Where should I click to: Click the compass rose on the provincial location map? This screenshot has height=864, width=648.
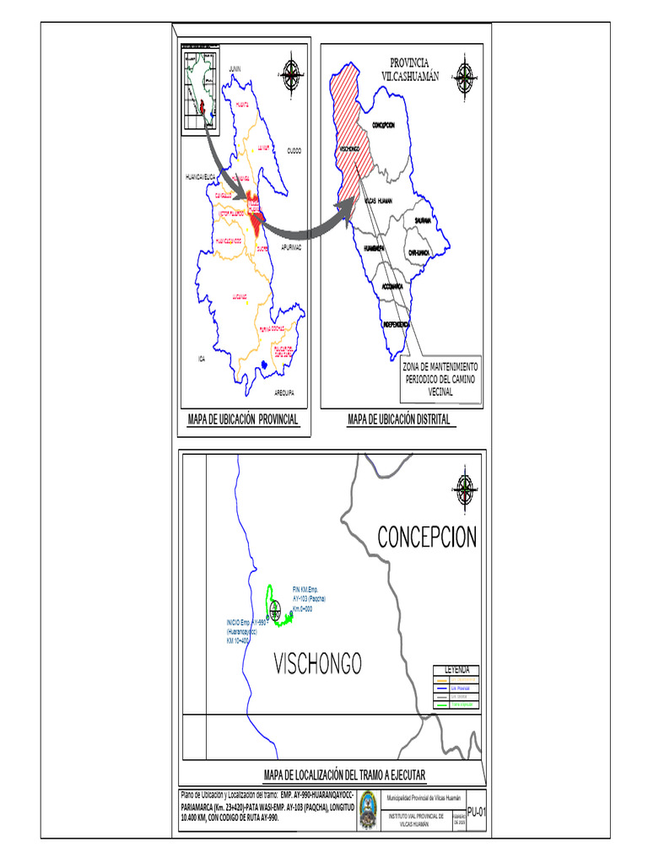click(x=292, y=73)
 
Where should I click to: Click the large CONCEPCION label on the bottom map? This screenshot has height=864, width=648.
click(x=427, y=537)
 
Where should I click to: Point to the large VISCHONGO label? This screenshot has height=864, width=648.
click(x=317, y=663)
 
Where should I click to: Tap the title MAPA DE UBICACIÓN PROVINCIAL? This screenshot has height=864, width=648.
click(x=243, y=419)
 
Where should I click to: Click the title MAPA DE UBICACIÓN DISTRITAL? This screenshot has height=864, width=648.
click(x=399, y=419)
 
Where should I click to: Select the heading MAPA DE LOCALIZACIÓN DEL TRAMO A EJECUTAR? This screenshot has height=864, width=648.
click(x=344, y=775)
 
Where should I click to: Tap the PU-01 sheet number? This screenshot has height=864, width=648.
click(x=477, y=810)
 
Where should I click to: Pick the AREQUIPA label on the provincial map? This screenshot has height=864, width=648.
click(x=283, y=393)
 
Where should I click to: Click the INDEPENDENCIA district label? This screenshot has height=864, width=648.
click(x=396, y=324)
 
